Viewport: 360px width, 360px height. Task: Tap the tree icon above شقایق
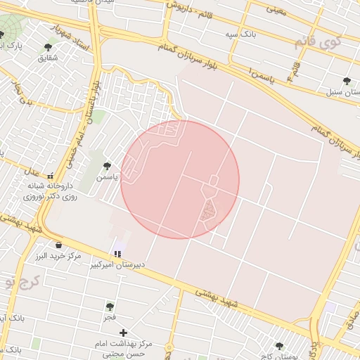[x=48, y=47]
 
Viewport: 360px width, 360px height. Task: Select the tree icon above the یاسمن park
[x=107, y=167]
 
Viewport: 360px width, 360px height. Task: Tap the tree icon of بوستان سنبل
[x=346, y=81]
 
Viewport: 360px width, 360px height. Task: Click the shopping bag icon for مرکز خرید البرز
[x=58, y=245]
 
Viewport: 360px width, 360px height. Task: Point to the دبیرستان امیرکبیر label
[x=118, y=266]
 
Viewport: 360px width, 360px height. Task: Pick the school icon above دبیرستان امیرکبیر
[x=117, y=254]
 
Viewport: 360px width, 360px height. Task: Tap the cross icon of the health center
[x=124, y=332]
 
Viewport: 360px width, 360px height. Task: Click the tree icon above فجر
[x=110, y=307]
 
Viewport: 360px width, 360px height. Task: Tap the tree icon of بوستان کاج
[x=279, y=347]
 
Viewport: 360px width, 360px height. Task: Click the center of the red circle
[x=180, y=180]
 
